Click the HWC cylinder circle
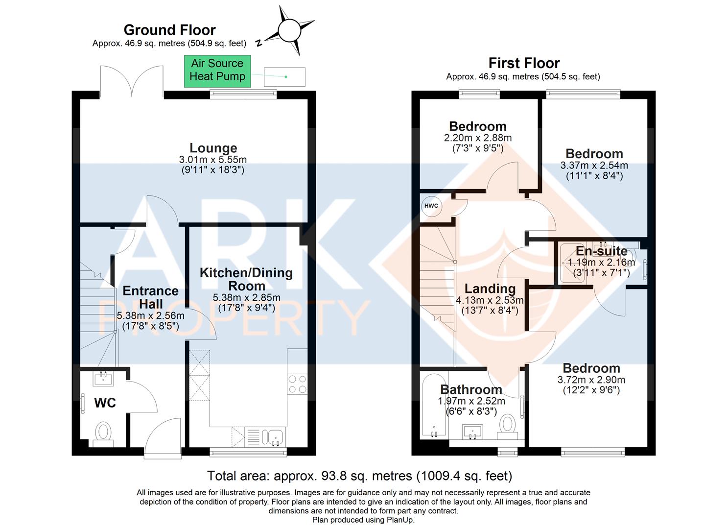[431, 206]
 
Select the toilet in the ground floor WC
[103, 433]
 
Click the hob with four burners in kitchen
[297, 383]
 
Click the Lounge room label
[213, 148]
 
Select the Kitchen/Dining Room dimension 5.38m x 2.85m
[246, 297]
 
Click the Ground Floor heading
[169, 30]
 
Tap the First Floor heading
[524, 63]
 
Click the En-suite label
[601, 251]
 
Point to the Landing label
[490, 289]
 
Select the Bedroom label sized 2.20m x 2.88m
[477, 126]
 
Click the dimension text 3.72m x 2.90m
[591, 380]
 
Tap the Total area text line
[359, 476]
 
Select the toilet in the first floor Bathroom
[508, 424]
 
